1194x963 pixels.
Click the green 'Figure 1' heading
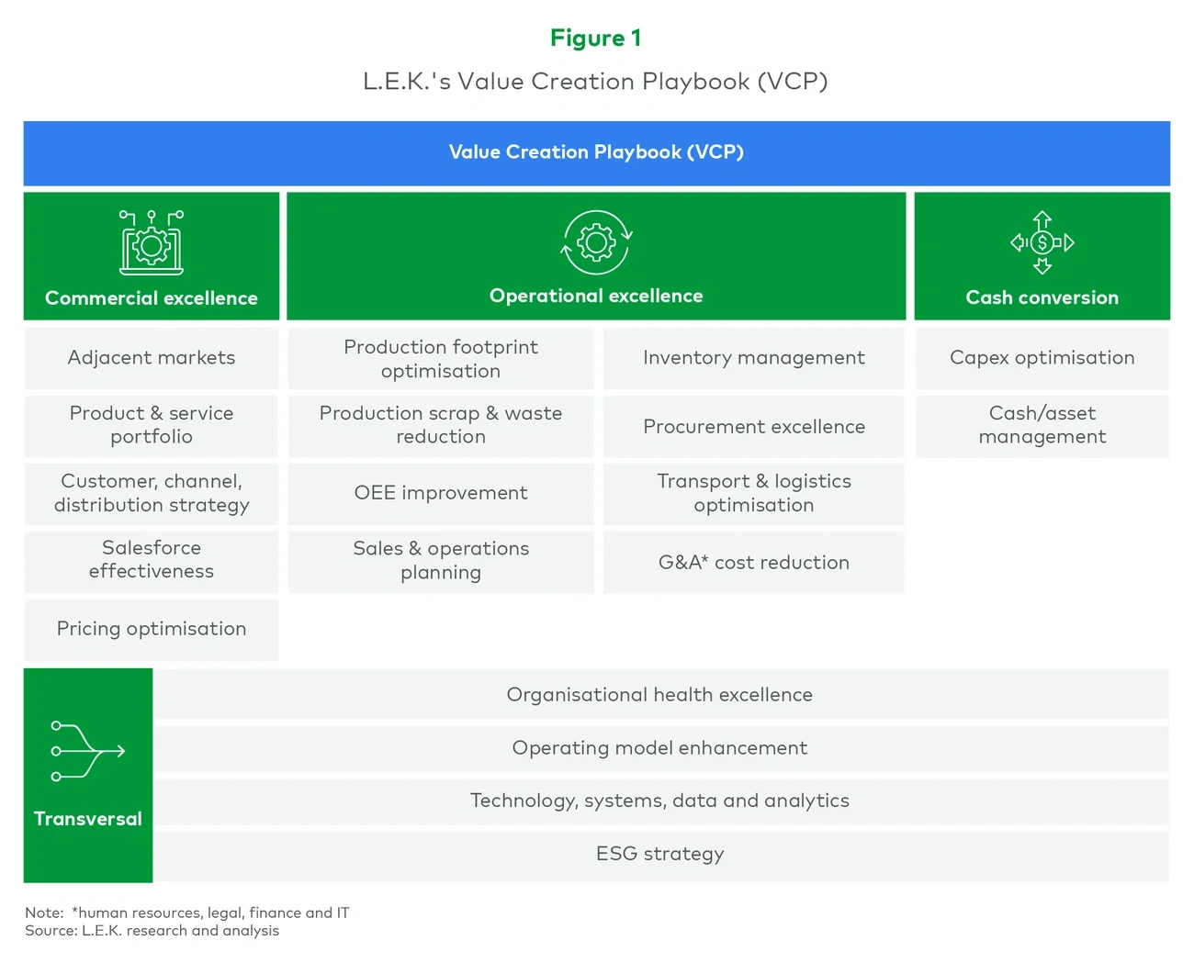[595, 38]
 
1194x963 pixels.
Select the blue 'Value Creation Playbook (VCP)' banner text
[596, 152]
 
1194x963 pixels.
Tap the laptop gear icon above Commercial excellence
[152, 242]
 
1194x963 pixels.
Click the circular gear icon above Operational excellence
[596, 242]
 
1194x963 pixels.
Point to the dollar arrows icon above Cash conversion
[1042, 242]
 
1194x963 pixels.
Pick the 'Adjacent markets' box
[152, 358]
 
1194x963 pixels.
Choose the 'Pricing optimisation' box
[152, 629]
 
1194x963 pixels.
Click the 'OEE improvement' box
[441, 493]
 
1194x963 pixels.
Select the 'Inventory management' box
[753, 358]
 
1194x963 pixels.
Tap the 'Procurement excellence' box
[753, 427]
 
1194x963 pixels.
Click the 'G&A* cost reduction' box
[753, 562]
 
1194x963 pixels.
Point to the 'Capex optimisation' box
[1042, 358]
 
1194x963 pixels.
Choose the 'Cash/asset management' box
[1042, 425]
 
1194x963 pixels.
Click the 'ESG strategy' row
[659, 854]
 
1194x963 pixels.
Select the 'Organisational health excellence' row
[659, 695]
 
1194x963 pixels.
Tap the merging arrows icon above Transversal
[87, 751]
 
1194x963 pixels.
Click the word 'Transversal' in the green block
[87, 819]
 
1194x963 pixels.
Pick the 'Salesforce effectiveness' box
[152, 560]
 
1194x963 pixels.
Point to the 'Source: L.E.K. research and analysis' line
[152, 931]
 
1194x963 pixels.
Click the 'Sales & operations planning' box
[441, 560]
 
